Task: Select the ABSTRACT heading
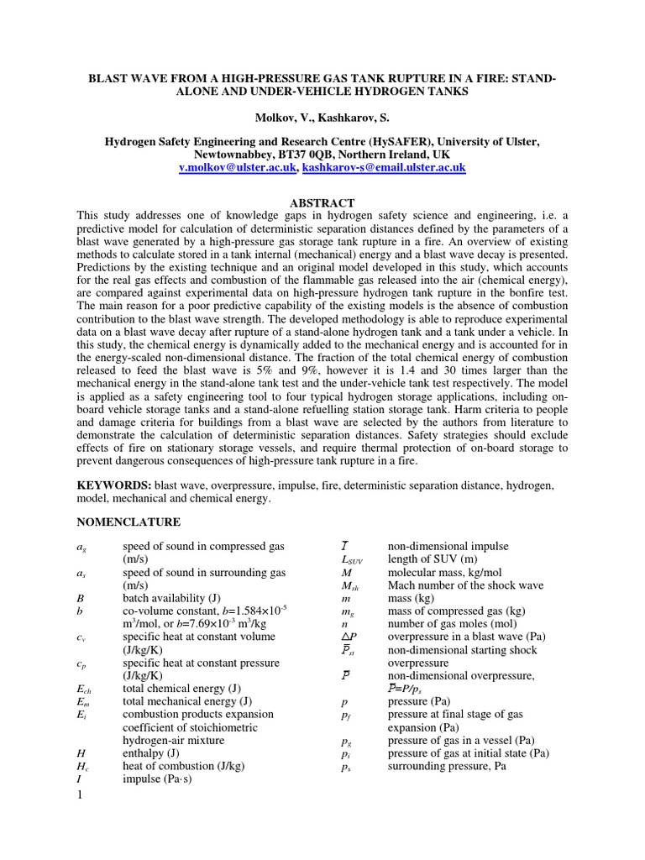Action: click(x=322, y=203)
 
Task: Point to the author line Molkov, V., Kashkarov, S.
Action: click(x=322, y=115)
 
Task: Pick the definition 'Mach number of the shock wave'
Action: click(x=465, y=585)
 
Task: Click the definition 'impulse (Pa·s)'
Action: click(x=158, y=779)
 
